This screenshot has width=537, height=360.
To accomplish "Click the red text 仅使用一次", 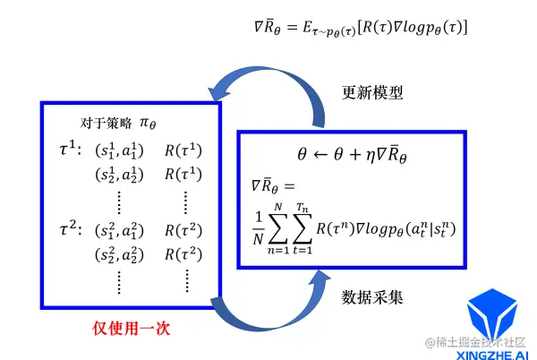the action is pyautogui.click(x=132, y=329).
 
